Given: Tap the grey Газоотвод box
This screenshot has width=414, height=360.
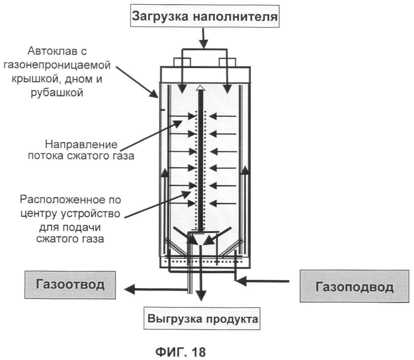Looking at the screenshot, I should point(70,285).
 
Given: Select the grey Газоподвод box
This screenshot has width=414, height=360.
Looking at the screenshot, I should point(354,286).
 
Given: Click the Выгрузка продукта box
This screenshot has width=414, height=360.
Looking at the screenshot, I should point(202,319).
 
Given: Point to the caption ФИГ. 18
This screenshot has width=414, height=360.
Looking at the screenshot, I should point(180,352).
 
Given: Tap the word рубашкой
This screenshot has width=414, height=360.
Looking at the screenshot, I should point(57,93).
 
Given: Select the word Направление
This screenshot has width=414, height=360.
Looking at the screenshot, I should point(81,145).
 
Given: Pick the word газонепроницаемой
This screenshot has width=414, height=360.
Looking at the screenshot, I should point(57,65).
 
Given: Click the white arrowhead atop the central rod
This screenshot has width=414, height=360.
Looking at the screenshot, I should point(201,88).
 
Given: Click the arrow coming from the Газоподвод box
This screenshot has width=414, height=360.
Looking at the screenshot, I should point(242,280).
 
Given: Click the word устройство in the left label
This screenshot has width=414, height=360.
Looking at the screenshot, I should point(90,214).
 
